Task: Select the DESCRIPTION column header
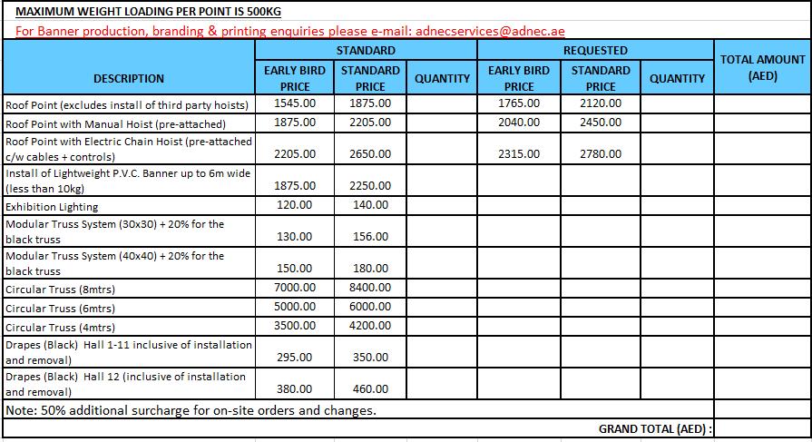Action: [x=129, y=78]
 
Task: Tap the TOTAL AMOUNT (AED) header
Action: [x=762, y=68]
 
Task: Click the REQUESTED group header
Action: [x=595, y=50]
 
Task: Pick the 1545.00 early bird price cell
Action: [x=295, y=103]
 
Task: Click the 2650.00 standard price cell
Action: [x=370, y=154]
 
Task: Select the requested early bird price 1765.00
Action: [x=519, y=103]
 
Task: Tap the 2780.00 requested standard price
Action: [x=601, y=154]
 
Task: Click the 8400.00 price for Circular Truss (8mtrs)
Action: [x=370, y=288]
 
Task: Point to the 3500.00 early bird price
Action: [x=295, y=326]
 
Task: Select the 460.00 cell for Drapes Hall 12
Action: [x=370, y=389]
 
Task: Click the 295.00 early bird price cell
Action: [x=295, y=358]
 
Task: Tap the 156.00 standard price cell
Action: [x=370, y=237]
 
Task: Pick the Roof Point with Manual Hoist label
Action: [x=116, y=123]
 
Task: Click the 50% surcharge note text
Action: [x=191, y=410]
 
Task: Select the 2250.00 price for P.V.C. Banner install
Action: [x=370, y=186]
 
